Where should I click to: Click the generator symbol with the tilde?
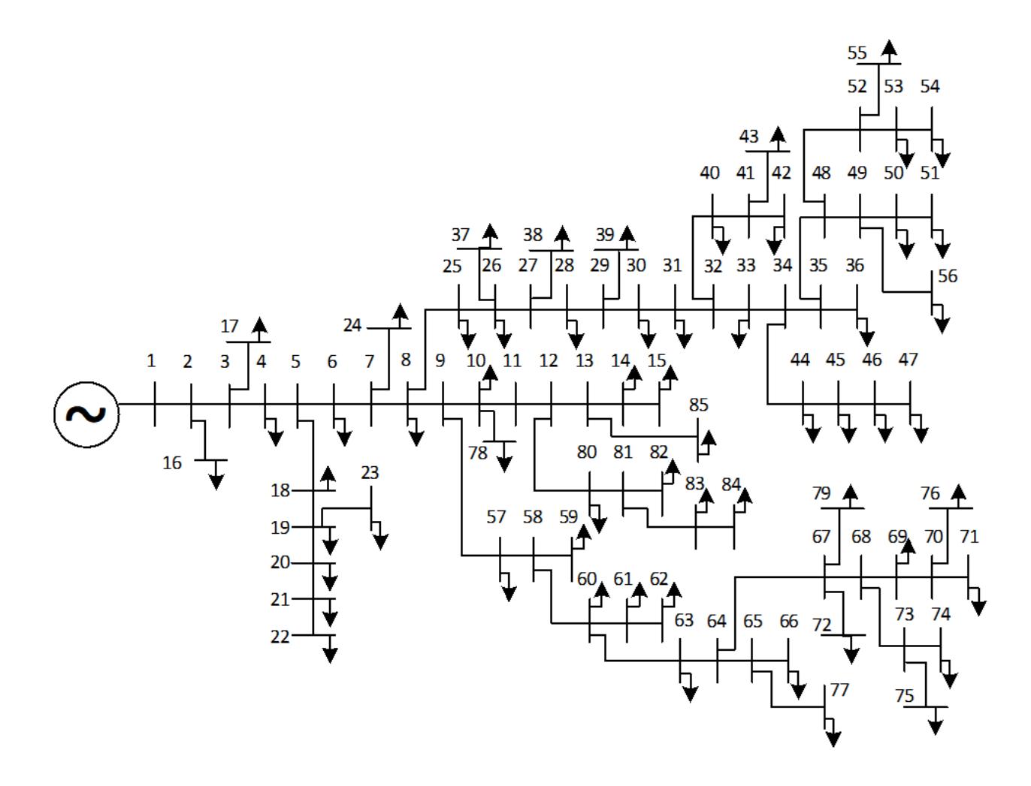tap(86, 414)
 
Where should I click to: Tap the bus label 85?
tap(698, 405)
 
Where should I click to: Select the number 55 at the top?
tap(856, 53)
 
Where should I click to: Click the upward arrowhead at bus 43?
tap(778, 134)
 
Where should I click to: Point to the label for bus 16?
tap(172, 463)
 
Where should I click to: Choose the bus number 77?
tap(839, 690)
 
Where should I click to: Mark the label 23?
tap(370, 472)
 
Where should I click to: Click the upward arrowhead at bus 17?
tap(259, 325)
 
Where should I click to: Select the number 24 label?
tap(352, 325)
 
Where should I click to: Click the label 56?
tap(948, 276)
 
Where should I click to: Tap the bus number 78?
tap(478, 453)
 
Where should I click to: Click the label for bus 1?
tap(151, 361)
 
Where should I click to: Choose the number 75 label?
tap(904, 695)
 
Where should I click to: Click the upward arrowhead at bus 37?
tap(490, 231)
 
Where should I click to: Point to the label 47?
tap(908, 360)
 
